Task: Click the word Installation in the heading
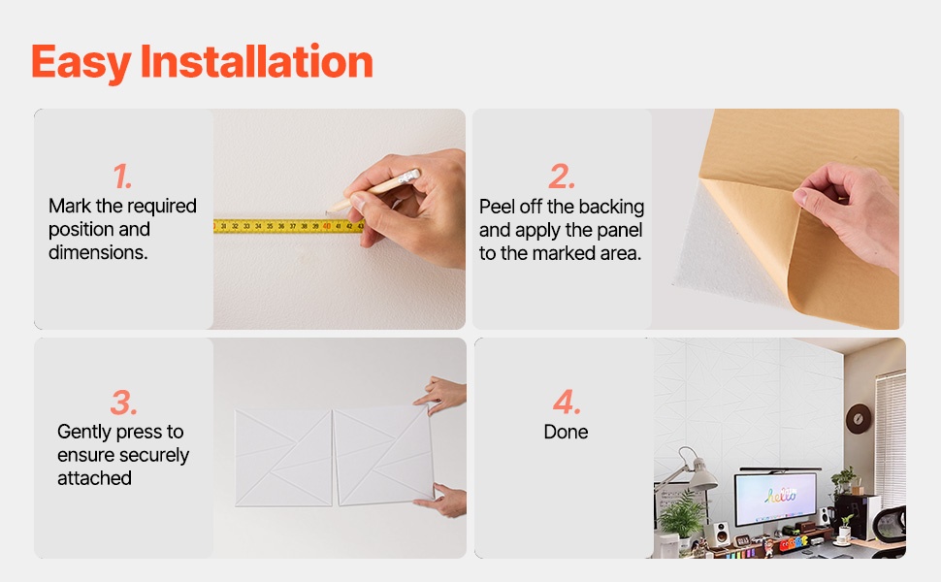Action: click(x=257, y=61)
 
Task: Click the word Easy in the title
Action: click(x=81, y=64)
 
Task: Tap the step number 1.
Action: click(x=122, y=176)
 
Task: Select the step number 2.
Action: click(x=562, y=176)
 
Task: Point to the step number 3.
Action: click(x=123, y=402)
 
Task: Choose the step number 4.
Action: click(x=567, y=402)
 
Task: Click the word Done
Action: click(x=566, y=432)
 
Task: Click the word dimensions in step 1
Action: click(x=98, y=252)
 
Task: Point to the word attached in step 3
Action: click(x=94, y=478)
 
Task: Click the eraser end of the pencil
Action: click(x=410, y=176)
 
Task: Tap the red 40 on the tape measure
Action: click(x=327, y=226)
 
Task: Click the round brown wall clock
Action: click(x=859, y=419)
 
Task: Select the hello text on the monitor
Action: click(x=781, y=495)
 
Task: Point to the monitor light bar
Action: click(x=780, y=469)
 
